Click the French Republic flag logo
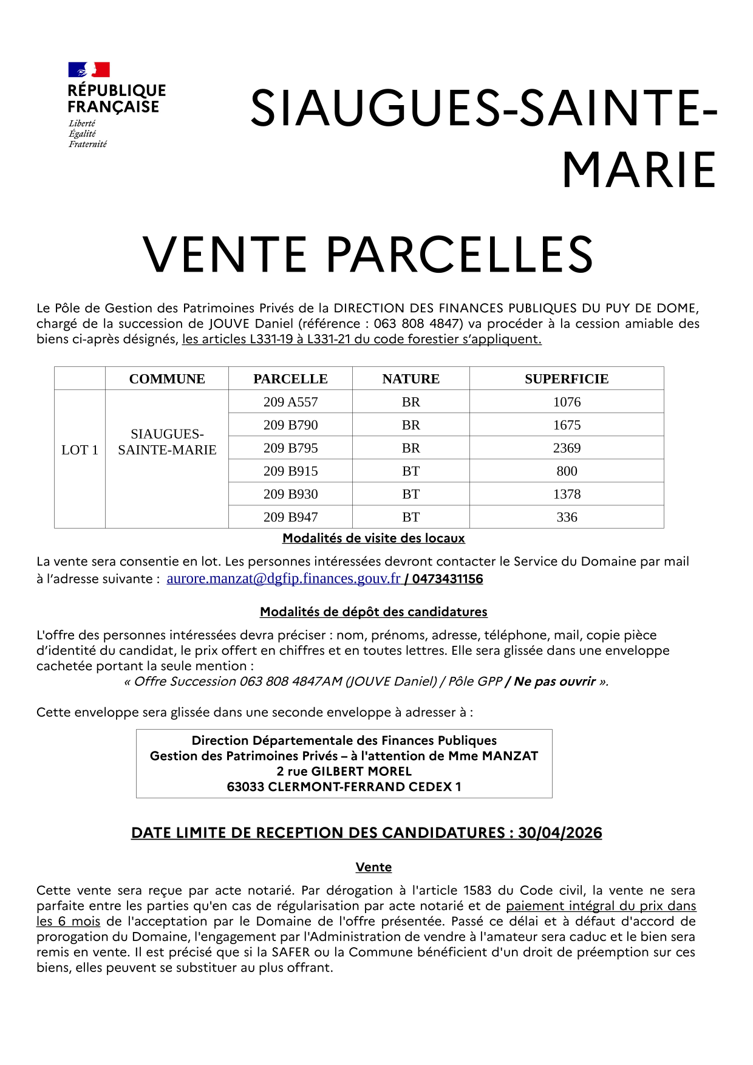(89, 69)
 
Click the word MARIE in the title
(639, 171)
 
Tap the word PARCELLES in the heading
(460, 255)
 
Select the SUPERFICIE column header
(566, 379)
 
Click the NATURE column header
(411, 379)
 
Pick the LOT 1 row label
(80, 450)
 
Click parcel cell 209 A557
(290, 402)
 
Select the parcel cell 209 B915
(290, 471)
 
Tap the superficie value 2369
(567, 448)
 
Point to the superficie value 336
(567, 518)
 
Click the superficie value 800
(567, 471)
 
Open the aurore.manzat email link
(283, 579)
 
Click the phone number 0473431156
(448, 579)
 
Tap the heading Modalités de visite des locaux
(373, 538)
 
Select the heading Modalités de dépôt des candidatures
(373, 612)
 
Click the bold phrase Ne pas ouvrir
(554, 682)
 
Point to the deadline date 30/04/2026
(560, 833)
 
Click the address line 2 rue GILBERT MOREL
(344, 772)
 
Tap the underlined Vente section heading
(373, 868)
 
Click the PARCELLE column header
(290, 379)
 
